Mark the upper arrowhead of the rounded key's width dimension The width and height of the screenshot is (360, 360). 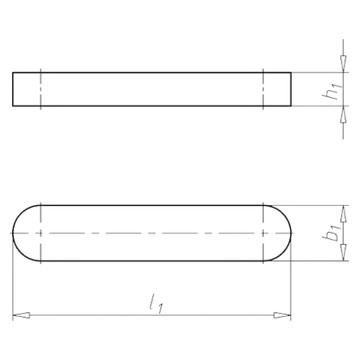tap(344, 210)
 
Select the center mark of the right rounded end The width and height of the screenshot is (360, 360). tap(264, 233)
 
